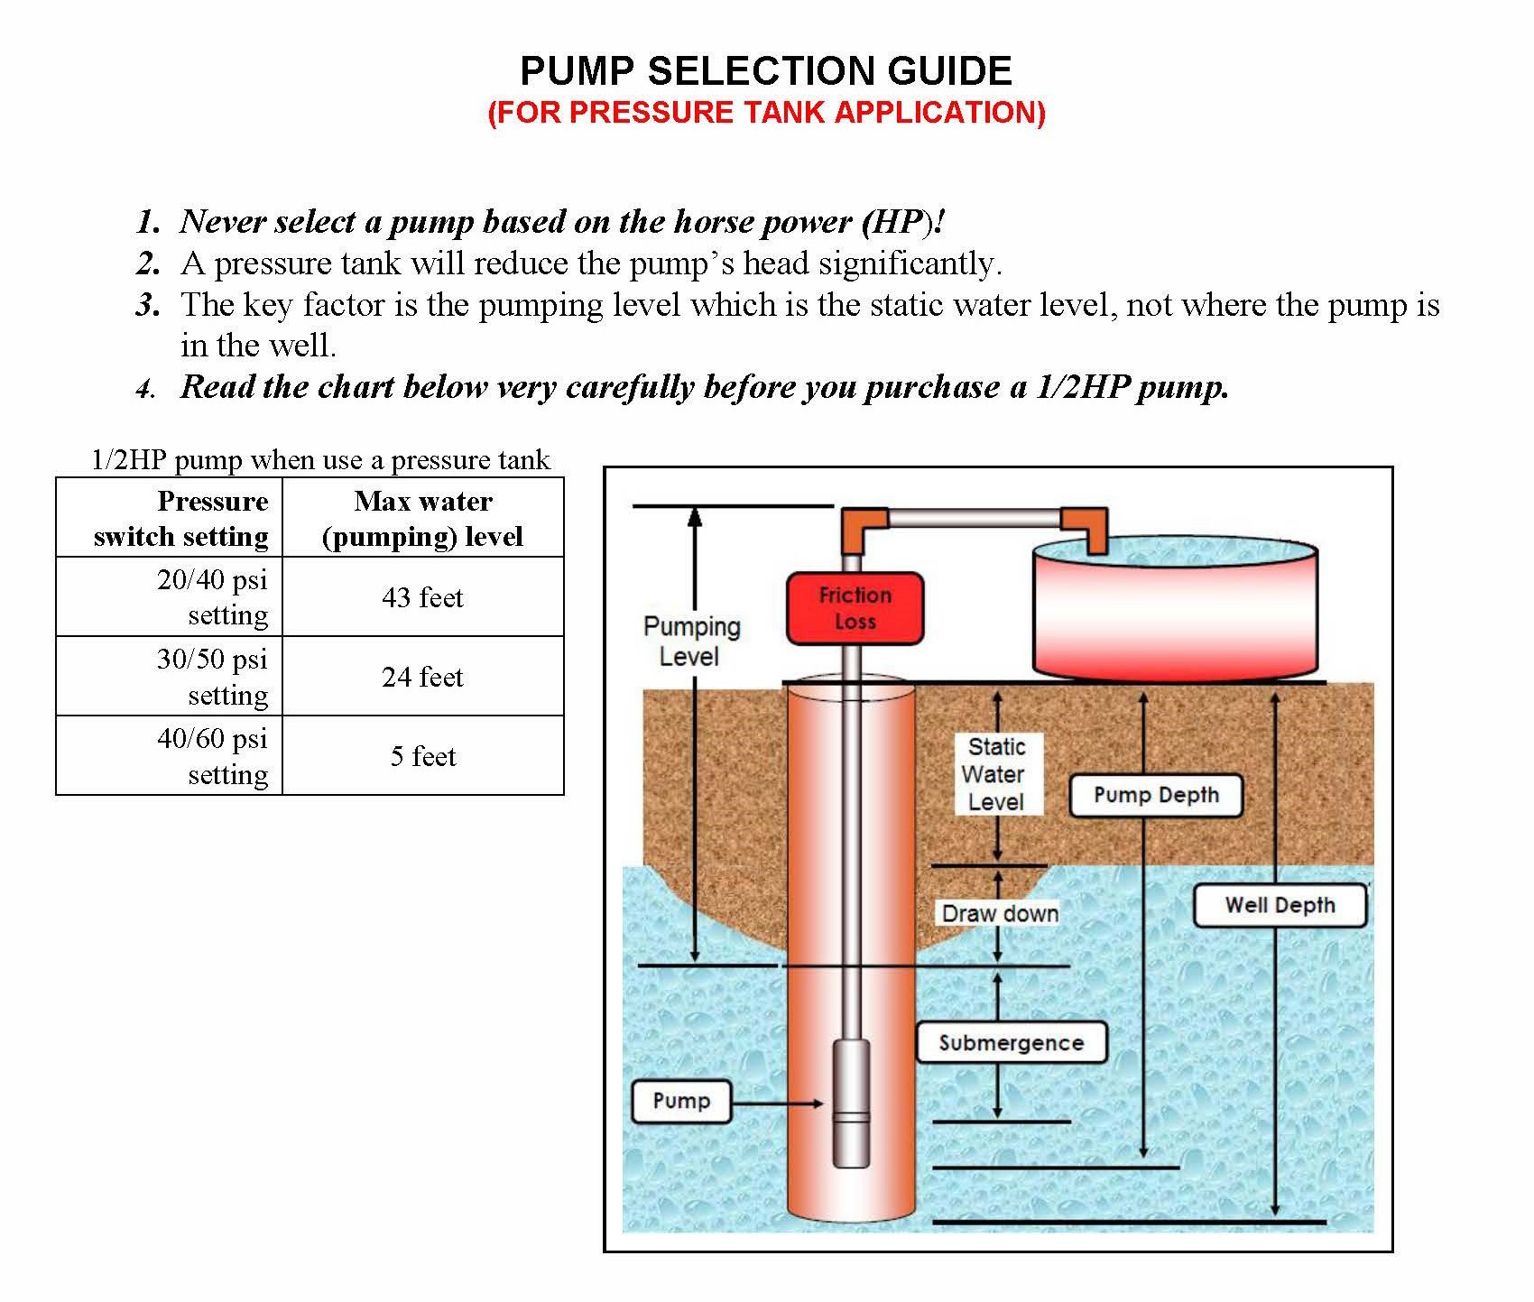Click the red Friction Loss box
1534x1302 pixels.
click(855, 608)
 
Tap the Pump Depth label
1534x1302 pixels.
click(1155, 796)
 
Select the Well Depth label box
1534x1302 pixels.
click(1279, 906)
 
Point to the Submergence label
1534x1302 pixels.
click(1011, 1043)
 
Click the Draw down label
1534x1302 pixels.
click(1000, 914)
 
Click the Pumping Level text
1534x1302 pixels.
click(691, 641)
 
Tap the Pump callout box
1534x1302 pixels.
click(681, 1101)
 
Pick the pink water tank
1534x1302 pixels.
click(1174, 614)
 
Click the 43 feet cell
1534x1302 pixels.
click(422, 597)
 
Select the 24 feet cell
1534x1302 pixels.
click(422, 677)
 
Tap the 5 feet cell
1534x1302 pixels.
click(422, 756)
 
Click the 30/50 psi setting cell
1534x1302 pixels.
click(212, 677)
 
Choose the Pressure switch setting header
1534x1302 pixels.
click(181, 518)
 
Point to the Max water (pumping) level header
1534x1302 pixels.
click(422, 518)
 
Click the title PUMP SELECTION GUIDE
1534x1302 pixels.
click(766, 71)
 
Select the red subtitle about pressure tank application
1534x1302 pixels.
click(766, 113)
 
